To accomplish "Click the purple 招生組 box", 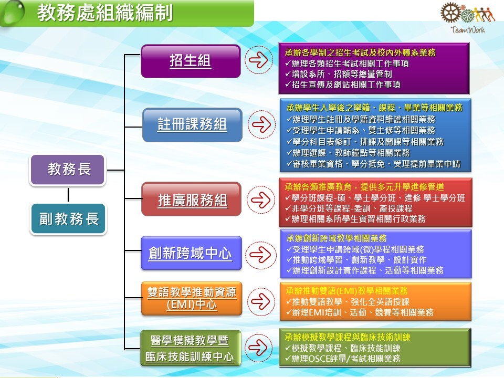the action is click(x=191, y=61).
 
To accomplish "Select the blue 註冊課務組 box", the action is click(x=192, y=125).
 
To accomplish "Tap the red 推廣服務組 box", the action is click(x=192, y=199).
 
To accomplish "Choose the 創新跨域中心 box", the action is click(x=191, y=253).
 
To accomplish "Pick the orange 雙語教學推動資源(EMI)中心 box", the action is click(x=192, y=299).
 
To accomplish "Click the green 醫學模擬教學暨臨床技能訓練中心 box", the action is click(x=191, y=348).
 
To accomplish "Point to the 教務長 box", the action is click(x=68, y=170).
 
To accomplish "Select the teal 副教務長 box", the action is click(x=68, y=219).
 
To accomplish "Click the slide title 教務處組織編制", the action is click(x=105, y=13).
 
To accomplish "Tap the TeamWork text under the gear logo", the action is click(x=468, y=30).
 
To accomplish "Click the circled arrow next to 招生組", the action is click(x=259, y=60).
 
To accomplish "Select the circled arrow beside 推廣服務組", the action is click(x=261, y=199).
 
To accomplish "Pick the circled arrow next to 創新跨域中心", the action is click(x=261, y=255).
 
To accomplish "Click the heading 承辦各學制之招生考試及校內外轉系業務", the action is click(x=360, y=52).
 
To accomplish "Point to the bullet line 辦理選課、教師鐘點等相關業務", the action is click(x=348, y=153).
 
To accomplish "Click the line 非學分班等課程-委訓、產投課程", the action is click(x=349, y=208).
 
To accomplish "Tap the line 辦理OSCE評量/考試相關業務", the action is click(x=343, y=359).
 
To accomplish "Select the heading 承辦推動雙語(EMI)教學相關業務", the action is click(x=346, y=291).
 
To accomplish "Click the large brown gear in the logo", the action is click(x=450, y=13).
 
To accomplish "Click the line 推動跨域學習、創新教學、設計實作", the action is click(x=356, y=260).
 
